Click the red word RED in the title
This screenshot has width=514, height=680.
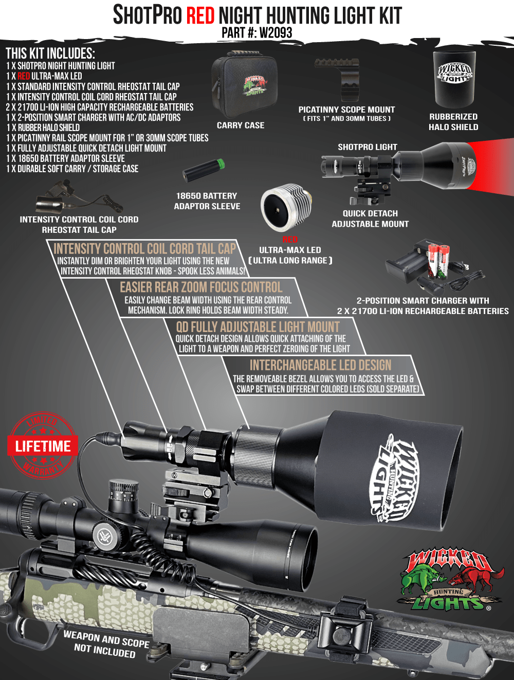(200, 15)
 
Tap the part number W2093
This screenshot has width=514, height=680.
(276, 33)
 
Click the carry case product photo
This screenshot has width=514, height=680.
(244, 84)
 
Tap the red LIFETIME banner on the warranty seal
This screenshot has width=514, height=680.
(43, 446)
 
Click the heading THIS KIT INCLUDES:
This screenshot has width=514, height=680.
(50, 53)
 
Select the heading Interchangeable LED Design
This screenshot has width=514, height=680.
(320, 365)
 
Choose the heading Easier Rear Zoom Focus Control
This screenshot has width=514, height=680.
(201, 287)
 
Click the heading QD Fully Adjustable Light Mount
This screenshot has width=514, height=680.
(258, 327)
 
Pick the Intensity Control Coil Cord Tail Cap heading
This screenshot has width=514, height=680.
(144, 248)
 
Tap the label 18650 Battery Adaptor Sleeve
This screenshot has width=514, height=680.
(207, 201)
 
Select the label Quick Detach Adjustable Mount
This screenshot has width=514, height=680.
(370, 218)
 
